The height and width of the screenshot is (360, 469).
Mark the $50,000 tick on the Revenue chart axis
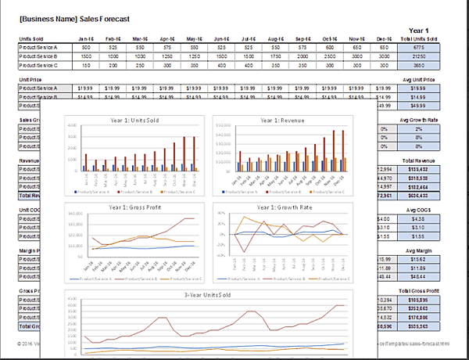coord(223,126)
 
